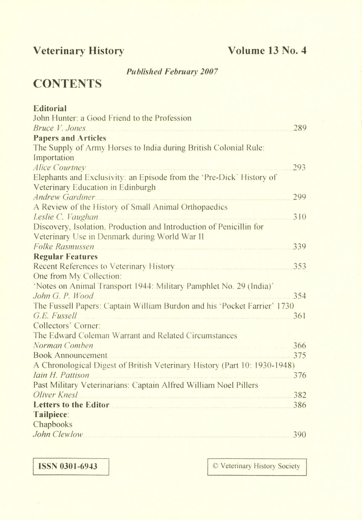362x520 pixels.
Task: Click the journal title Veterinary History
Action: [79, 51]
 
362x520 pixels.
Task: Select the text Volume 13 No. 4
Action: [267, 51]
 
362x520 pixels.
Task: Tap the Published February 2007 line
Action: [172, 71]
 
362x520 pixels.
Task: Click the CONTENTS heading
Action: [67, 84]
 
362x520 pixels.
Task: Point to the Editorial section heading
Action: [50, 108]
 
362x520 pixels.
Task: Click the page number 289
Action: [299, 128]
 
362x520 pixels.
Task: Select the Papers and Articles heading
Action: [69, 138]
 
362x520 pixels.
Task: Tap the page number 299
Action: [299, 197]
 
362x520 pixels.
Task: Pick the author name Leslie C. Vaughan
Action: [66, 217]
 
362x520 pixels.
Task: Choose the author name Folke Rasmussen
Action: [64, 246]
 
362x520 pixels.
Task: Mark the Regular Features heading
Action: [65, 256]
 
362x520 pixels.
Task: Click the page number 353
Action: [299, 266]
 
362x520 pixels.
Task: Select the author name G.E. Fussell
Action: [55, 316]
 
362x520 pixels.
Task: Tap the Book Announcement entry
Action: [70, 355]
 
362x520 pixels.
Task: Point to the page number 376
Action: [299, 375]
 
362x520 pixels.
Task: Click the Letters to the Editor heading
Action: [71, 405]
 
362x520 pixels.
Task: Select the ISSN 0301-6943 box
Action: [71, 466]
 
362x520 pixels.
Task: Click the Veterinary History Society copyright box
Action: [257, 466]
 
